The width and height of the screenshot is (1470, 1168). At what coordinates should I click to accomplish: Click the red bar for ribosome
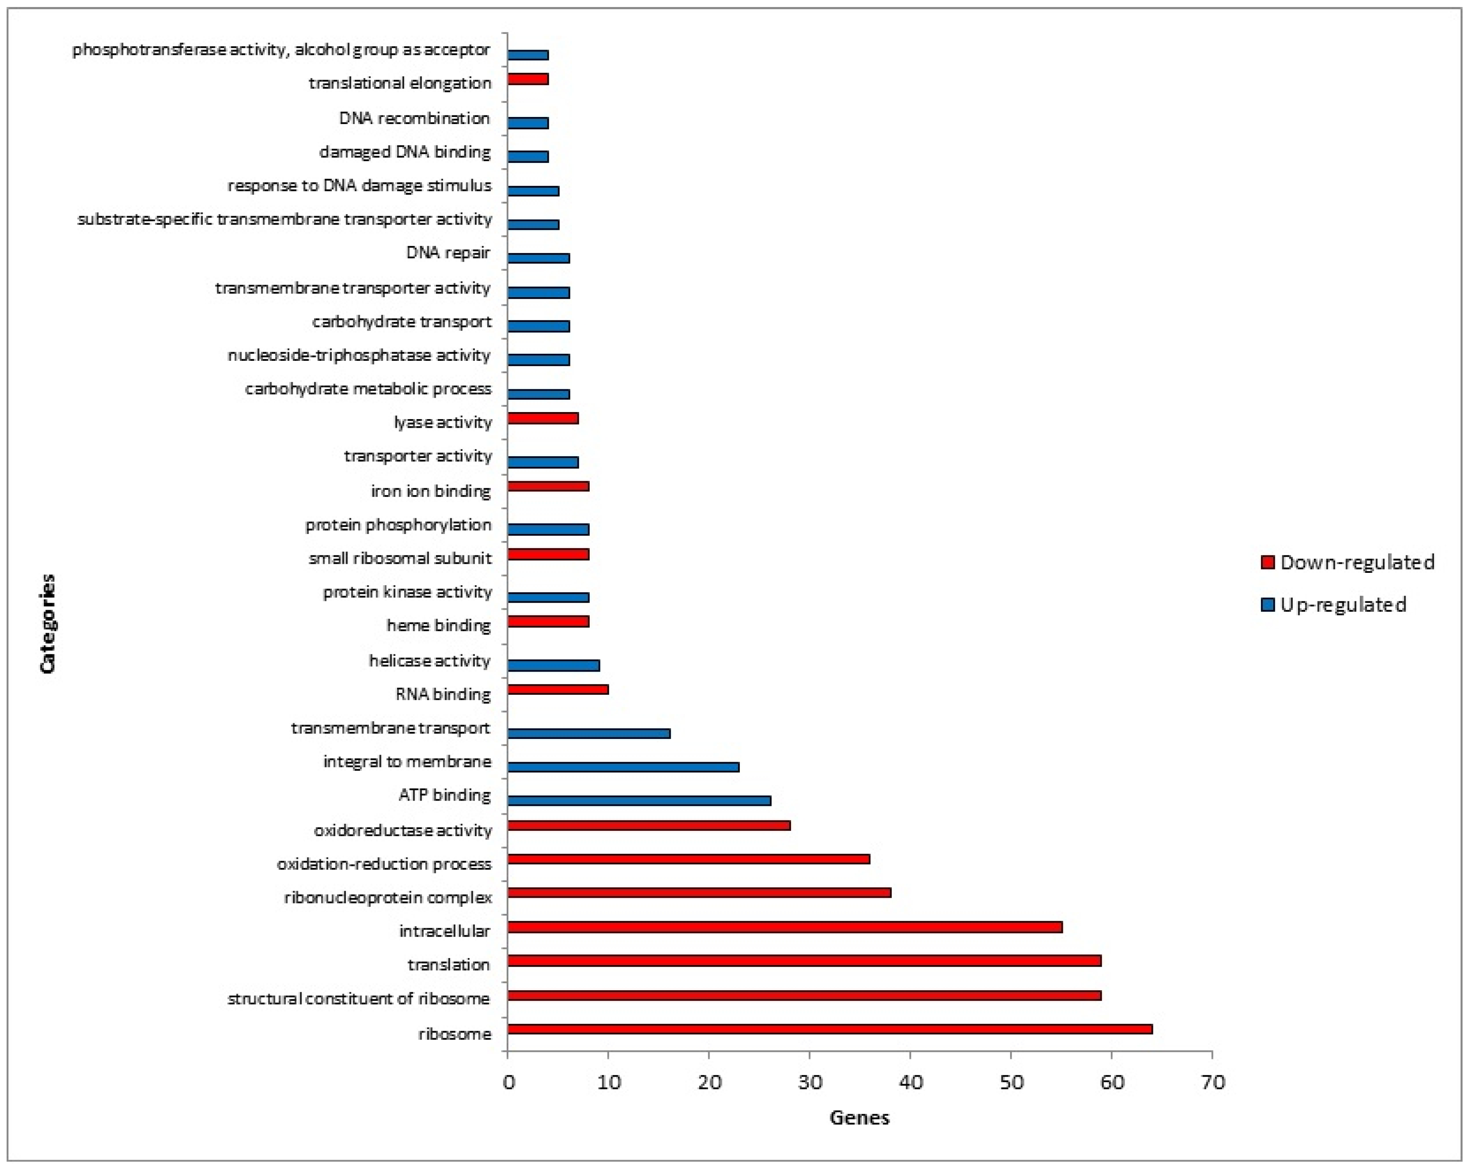point(830,1029)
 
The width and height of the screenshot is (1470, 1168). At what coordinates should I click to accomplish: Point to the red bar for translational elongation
point(528,79)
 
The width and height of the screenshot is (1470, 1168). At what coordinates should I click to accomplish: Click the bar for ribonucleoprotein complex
point(699,893)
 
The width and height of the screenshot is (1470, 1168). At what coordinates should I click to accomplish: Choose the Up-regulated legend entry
point(1334,605)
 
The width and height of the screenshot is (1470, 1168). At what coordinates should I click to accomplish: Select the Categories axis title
point(47,624)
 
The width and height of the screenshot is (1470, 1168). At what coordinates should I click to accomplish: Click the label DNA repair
point(448,253)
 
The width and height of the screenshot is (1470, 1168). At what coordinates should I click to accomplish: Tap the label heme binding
point(438,625)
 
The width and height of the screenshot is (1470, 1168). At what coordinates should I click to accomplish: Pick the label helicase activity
point(429,661)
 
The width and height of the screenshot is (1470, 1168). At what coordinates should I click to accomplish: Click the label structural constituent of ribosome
point(359,999)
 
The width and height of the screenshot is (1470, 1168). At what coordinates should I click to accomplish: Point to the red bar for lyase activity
point(543,418)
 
